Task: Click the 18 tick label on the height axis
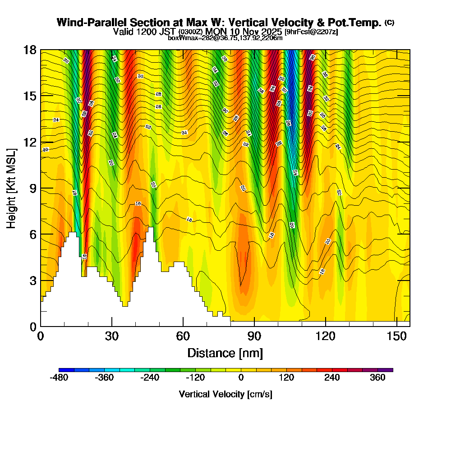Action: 30,50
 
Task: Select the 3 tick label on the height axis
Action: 32,280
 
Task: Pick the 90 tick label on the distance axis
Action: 254,336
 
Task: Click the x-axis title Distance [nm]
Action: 225,353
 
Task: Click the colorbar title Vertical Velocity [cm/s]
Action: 225,394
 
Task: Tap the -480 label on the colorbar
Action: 59,378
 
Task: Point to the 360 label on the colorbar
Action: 377,378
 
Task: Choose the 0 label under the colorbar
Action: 241,378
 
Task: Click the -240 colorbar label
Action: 150,378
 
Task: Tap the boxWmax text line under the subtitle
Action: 225,38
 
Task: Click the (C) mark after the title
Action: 389,23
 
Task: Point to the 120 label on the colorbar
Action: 286,378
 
